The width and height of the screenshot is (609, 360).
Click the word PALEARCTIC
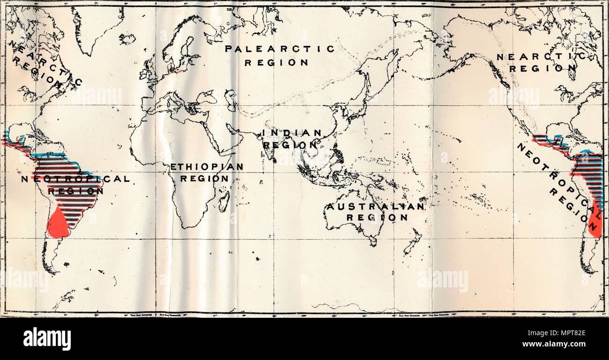click(280, 49)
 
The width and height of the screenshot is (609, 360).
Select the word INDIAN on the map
click(292, 133)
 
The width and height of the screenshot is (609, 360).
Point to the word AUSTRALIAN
click(376, 206)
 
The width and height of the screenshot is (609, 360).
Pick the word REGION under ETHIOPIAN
click(205, 179)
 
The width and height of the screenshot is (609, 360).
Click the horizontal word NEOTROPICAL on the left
click(75, 179)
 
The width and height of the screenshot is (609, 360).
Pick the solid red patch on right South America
click(594, 224)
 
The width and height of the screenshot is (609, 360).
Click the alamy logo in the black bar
click(47, 338)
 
